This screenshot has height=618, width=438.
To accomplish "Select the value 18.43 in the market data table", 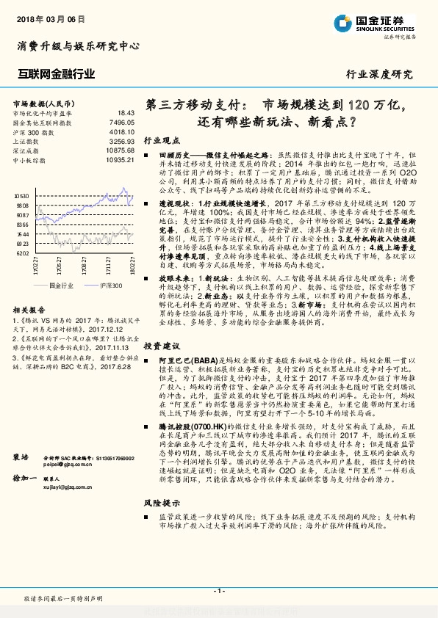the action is point(125,112).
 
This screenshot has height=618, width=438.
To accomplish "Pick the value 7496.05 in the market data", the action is point(121,122).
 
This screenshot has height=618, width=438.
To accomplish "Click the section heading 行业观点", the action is point(161,139).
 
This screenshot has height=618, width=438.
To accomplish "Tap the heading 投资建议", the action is point(161,344).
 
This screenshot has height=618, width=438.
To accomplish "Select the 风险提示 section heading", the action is point(161,523).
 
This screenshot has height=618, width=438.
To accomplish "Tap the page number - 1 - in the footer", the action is point(218,590).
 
